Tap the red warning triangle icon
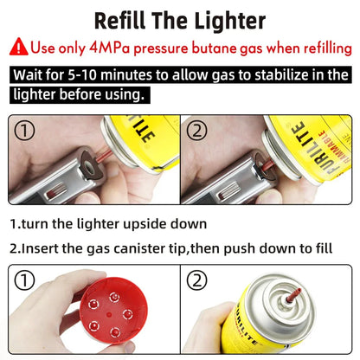pyautogui.click(x=21, y=48)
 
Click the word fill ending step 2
pyautogui.click(x=320, y=248)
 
